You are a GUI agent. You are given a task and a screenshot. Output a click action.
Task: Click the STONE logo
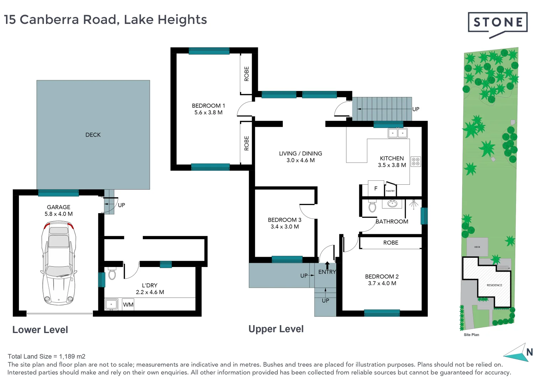tap(497, 23)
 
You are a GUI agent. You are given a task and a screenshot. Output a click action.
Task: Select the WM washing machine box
tap(128, 305)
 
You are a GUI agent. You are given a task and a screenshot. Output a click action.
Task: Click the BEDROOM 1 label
tap(208, 106)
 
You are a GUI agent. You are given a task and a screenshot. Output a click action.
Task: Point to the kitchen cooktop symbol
tap(416, 161)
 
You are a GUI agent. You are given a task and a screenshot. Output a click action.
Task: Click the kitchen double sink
tap(397, 133)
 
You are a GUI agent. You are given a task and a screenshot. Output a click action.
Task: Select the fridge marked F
tap(376, 189)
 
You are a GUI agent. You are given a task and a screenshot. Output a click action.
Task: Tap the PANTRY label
tap(390, 191)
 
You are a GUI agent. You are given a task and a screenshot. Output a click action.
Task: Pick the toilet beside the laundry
tap(112, 274)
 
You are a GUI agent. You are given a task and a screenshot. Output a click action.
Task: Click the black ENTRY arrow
tap(327, 265)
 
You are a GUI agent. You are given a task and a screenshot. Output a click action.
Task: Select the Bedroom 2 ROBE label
tap(391, 243)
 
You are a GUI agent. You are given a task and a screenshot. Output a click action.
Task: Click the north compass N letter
tap(530, 352)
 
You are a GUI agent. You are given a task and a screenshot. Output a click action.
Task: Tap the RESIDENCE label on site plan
tap(494, 285)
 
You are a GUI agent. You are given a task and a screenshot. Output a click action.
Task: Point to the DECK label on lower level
tap(93, 135)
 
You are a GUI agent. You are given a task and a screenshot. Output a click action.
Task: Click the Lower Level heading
tap(40, 330)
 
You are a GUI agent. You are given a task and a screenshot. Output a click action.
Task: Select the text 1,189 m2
tap(72, 356)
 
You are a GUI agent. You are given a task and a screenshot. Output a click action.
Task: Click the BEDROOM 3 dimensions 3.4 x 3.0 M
tap(285, 227)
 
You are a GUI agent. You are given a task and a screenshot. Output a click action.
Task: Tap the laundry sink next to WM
tap(111, 304)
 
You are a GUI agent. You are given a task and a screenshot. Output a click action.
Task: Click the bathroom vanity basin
tap(392, 204)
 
